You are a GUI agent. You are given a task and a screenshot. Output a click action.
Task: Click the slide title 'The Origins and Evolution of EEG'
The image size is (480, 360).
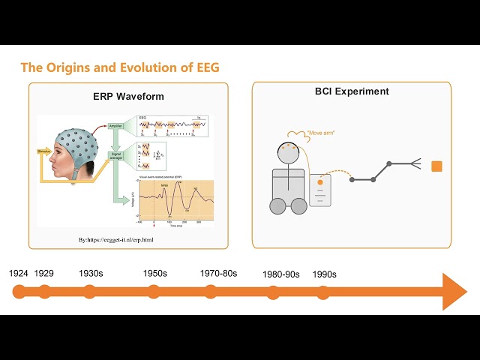(x=119, y=67)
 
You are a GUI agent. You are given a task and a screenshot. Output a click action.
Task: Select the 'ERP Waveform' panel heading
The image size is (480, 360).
(x=127, y=97)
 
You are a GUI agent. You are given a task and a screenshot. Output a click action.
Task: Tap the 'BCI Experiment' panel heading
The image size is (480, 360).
(x=352, y=91)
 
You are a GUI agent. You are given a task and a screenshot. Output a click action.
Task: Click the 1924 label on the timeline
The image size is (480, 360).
(x=19, y=274)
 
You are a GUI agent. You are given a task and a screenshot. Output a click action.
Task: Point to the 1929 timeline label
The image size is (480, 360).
(x=44, y=274)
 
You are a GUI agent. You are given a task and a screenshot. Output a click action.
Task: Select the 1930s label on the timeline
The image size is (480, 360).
(x=91, y=274)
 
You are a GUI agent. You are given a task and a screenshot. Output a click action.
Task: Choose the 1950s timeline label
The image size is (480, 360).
(x=155, y=274)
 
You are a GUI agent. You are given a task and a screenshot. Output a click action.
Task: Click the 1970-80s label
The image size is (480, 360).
(x=218, y=274)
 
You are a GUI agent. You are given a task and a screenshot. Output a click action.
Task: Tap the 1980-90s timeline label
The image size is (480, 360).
(x=281, y=274)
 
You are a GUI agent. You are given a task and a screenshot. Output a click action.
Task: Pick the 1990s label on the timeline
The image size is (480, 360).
(x=324, y=274)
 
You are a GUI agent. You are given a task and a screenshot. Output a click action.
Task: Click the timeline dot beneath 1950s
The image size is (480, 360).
(x=155, y=292)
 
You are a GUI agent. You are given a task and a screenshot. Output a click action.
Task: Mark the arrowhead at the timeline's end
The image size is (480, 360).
(x=454, y=292)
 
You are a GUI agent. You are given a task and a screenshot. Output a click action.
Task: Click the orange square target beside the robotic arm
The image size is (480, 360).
(x=437, y=166)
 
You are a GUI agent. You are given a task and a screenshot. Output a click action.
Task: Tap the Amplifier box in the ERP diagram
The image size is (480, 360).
(x=115, y=125)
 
